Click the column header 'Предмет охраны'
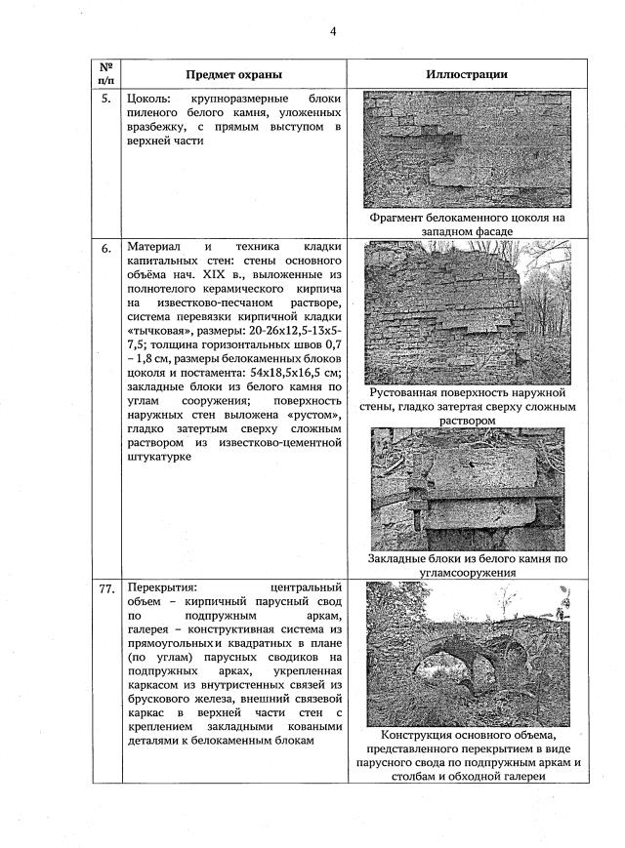[x=234, y=74]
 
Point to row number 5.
[x=105, y=100]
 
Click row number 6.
[x=105, y=250]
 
